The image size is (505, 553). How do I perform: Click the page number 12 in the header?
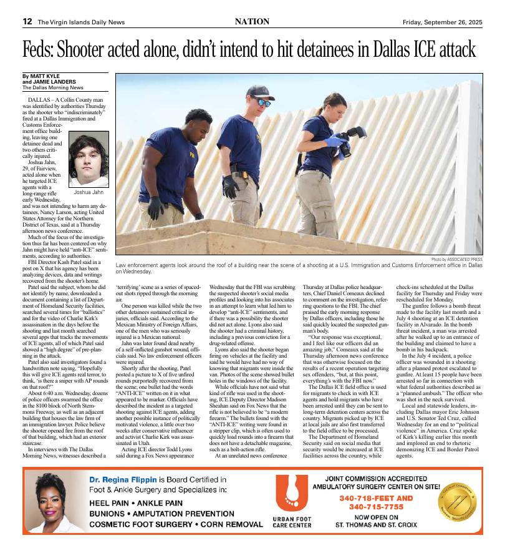(x=27, y=22)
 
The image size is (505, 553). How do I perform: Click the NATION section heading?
(x=252, y=22)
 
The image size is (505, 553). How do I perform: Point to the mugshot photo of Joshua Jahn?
(x=88, y=159)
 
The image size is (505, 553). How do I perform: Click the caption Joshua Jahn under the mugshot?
(x=88, y=192)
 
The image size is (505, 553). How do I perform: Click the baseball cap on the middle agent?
(x=260, y=93)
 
